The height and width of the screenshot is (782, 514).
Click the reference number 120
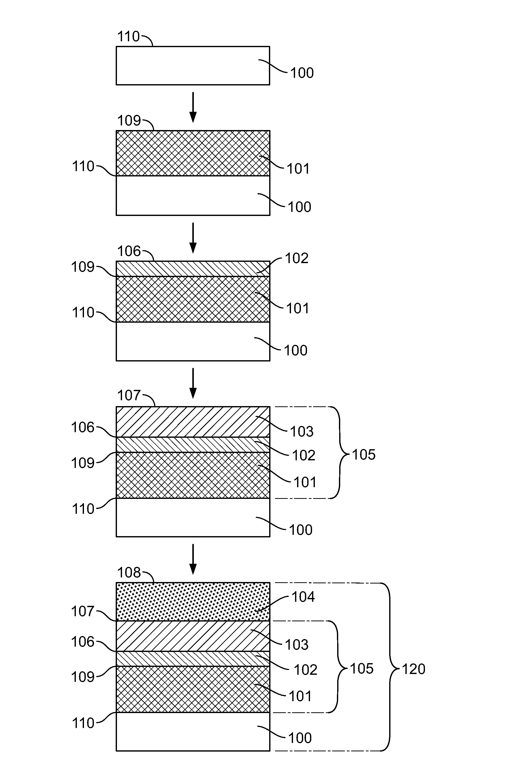414,669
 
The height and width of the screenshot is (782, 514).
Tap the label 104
303,597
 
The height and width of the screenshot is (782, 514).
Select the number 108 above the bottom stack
129,573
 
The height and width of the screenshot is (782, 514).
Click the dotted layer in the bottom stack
193,602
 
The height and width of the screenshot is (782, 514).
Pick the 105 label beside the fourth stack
364,455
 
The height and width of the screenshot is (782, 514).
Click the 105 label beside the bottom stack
362,669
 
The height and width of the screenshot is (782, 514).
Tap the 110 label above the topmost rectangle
129,37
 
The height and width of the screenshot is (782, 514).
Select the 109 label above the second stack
129,121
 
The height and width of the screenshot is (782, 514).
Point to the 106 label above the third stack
129,251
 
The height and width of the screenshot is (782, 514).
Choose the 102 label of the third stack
297,258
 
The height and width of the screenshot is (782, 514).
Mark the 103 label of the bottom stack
297,645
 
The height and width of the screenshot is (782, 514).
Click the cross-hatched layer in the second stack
193,153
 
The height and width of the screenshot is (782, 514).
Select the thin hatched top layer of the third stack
193,268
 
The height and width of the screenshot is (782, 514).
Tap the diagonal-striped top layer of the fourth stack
193,422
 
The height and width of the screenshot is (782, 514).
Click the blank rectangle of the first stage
193,65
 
